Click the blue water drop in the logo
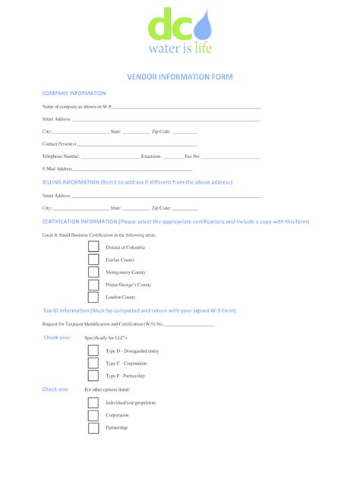tap(203, 28)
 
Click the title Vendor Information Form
tap(179, 77)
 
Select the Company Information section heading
tap(74, 93)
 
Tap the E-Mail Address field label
tap(57, 168)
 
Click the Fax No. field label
tap(192, 156)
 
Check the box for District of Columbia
tap(93, 248)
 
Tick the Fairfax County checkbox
tap(93, 260)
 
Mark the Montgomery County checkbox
tap(93, 272)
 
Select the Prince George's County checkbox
tap(93, 285)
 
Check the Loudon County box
tap(93, 297)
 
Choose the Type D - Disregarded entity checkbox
tap(93, 351)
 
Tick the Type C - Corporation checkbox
tap(93, 363)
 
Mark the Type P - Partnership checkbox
tap(93, 376)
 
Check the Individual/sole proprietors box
tap(93, 403)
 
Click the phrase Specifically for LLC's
tap(106, 337)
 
